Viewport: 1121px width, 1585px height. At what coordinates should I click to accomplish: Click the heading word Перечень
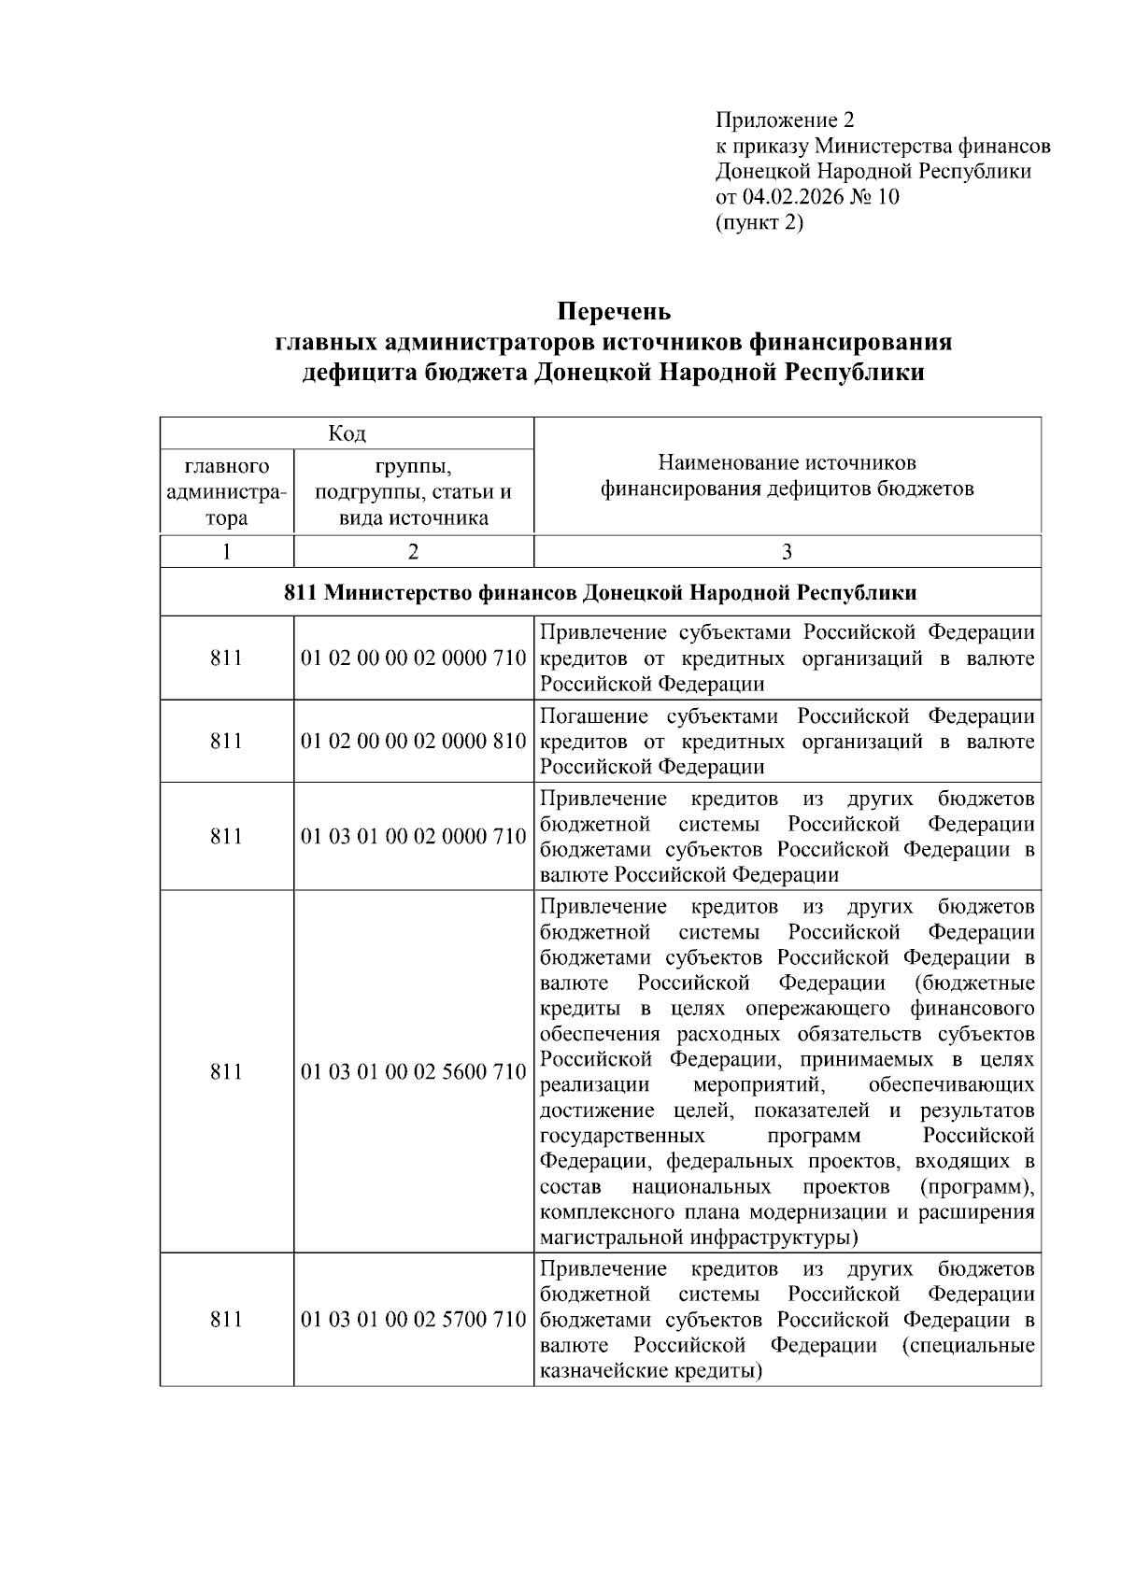614,310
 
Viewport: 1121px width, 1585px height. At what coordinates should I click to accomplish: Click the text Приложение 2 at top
785,120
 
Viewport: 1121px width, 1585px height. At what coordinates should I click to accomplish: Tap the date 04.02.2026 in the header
793,197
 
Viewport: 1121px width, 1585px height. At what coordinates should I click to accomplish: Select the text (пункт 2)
759,222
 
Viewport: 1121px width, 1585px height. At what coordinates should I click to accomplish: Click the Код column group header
347,433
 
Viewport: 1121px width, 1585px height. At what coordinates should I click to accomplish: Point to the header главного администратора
226,492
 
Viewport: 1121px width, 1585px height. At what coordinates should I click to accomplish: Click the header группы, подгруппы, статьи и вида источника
413,492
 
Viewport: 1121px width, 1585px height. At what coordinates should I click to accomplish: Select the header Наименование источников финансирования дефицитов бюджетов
787,475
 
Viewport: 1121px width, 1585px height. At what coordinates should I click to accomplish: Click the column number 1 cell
226,552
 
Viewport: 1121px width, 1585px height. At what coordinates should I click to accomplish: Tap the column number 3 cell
787,552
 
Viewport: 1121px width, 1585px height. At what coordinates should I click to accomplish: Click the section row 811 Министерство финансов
600,593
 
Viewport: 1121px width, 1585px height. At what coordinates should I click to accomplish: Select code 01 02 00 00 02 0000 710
413,658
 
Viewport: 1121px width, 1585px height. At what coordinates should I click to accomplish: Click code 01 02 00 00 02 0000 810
413,742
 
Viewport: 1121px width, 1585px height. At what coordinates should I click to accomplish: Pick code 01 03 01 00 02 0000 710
413,837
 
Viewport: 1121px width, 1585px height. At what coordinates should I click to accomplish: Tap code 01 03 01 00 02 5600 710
413,1072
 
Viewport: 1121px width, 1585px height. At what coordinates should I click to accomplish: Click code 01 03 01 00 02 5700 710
413,1320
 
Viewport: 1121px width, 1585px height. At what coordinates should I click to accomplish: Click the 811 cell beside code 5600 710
226,1072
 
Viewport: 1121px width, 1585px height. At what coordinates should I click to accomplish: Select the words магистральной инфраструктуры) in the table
699,1238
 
